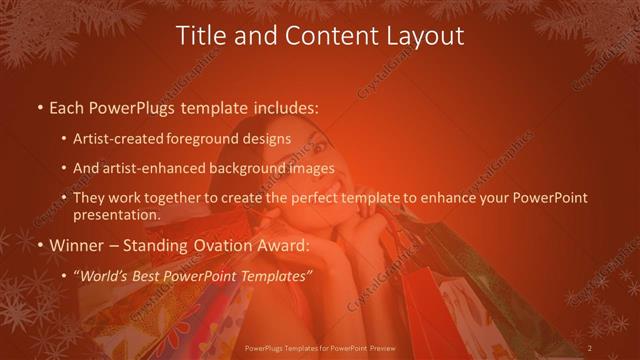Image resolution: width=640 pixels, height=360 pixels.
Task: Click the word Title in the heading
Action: (200, 37)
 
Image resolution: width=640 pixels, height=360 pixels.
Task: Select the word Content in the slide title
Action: (322, 37)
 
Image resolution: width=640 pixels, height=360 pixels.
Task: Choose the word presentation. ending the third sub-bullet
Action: (115, 214)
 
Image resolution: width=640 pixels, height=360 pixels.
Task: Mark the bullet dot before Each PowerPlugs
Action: (39, 105)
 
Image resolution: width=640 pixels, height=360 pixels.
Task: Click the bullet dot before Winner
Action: (39, 244)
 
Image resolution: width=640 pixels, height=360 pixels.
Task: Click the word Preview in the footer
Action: (382, 347)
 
